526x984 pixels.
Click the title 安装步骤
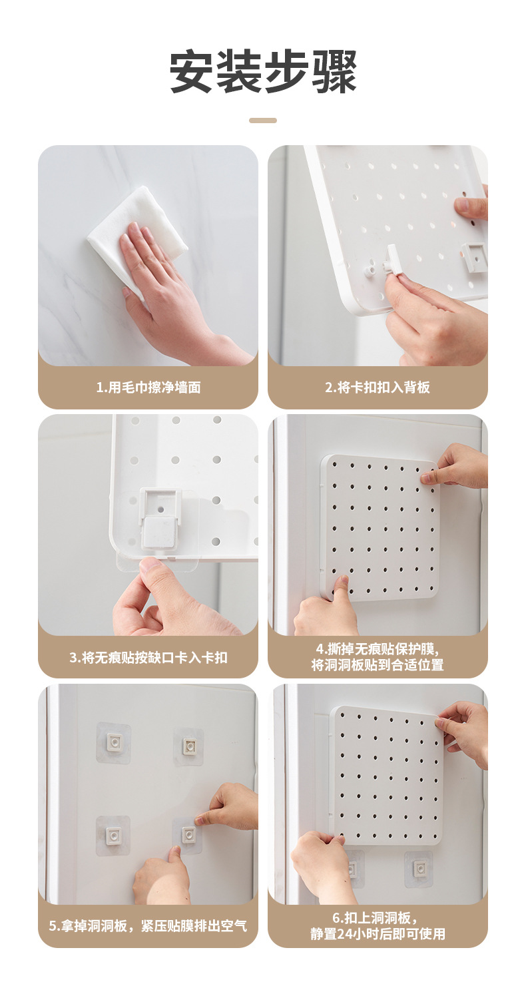click(263, 72)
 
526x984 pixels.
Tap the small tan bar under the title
click(263, 121)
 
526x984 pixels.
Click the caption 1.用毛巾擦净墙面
click(148, 387)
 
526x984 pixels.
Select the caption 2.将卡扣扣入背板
click(378, 387)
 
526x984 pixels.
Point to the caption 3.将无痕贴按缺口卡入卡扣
click(148, 657)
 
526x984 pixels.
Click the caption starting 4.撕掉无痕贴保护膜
click(378, 656)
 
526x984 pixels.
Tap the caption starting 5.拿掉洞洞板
click(148, 926)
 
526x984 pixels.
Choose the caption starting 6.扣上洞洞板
click(378, 926)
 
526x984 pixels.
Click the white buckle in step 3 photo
click(160, 516)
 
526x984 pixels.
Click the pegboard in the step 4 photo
click(380, 526)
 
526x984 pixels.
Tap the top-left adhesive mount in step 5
click(114, 742)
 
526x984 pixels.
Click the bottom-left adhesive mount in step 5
click(113, 835)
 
